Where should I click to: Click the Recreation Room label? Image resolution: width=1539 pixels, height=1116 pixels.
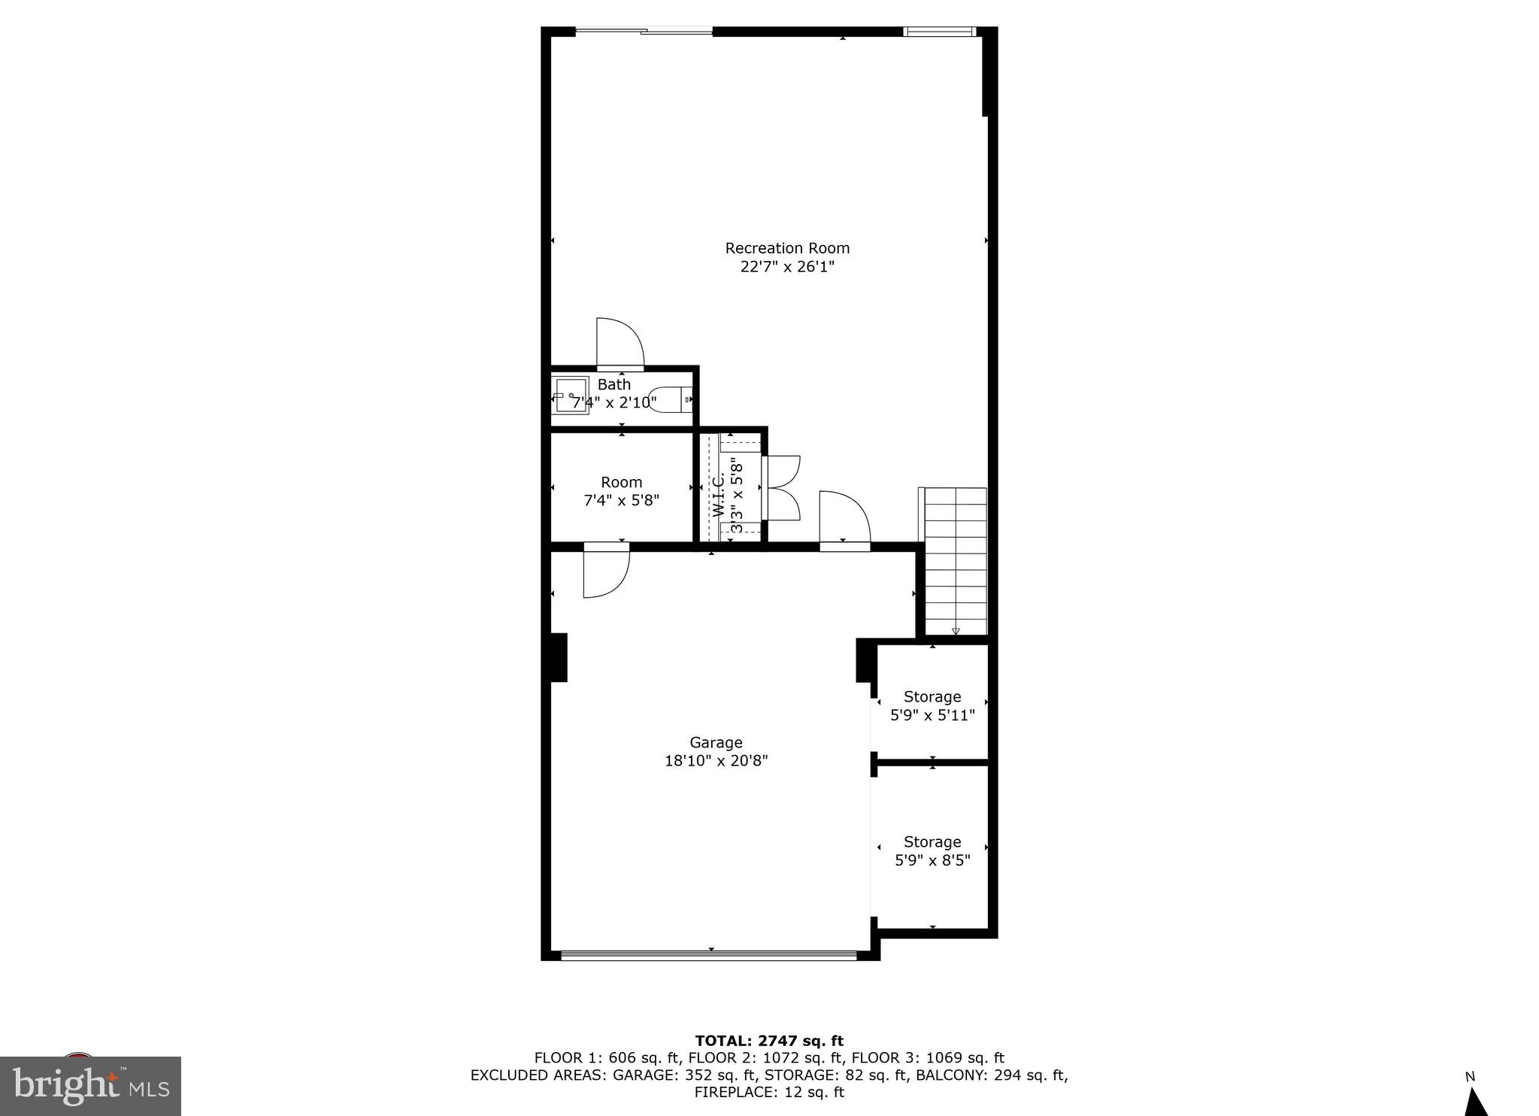786,248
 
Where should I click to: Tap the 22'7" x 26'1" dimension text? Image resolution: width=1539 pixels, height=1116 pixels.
786,267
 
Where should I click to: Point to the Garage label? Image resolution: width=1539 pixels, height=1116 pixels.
716,742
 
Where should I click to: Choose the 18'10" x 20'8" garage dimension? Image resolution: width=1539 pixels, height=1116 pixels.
716,761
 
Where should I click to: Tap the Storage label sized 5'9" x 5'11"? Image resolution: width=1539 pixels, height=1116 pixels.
932,696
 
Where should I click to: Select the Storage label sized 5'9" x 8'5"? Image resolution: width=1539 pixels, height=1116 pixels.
932,842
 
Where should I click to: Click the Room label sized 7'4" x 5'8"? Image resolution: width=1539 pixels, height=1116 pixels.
621,482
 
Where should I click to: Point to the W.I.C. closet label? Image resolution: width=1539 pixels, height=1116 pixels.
718,494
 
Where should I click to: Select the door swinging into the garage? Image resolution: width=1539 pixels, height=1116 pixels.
606,573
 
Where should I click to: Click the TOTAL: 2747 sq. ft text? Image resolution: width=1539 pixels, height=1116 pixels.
769,1041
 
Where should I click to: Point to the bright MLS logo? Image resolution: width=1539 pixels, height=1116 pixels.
90,1085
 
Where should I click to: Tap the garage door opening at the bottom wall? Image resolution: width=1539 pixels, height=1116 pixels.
709,955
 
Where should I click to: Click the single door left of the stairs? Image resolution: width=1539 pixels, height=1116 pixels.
844,517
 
